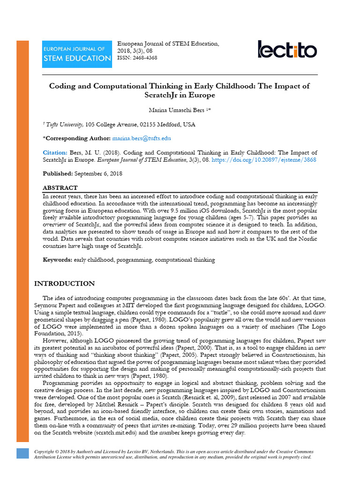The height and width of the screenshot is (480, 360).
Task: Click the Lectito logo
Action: (x=287, y=49)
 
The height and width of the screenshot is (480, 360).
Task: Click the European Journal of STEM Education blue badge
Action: (x=77, y=54)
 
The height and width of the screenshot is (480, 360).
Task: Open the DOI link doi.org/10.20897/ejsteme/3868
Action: (x=264, y=160)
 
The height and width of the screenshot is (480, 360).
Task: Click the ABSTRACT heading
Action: (x=60, y=187)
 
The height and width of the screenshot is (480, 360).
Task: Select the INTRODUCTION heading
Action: (x=65, y=284)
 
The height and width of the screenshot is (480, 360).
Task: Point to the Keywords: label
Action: (x=58, y=260)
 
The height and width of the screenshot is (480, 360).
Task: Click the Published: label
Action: (x=57, y=173)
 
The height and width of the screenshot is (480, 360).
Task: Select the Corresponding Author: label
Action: (x=77, y=138)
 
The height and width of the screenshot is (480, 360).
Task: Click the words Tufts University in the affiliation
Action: (x=64, y=125)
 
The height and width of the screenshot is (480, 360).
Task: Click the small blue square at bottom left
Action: (x=22, y=453)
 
